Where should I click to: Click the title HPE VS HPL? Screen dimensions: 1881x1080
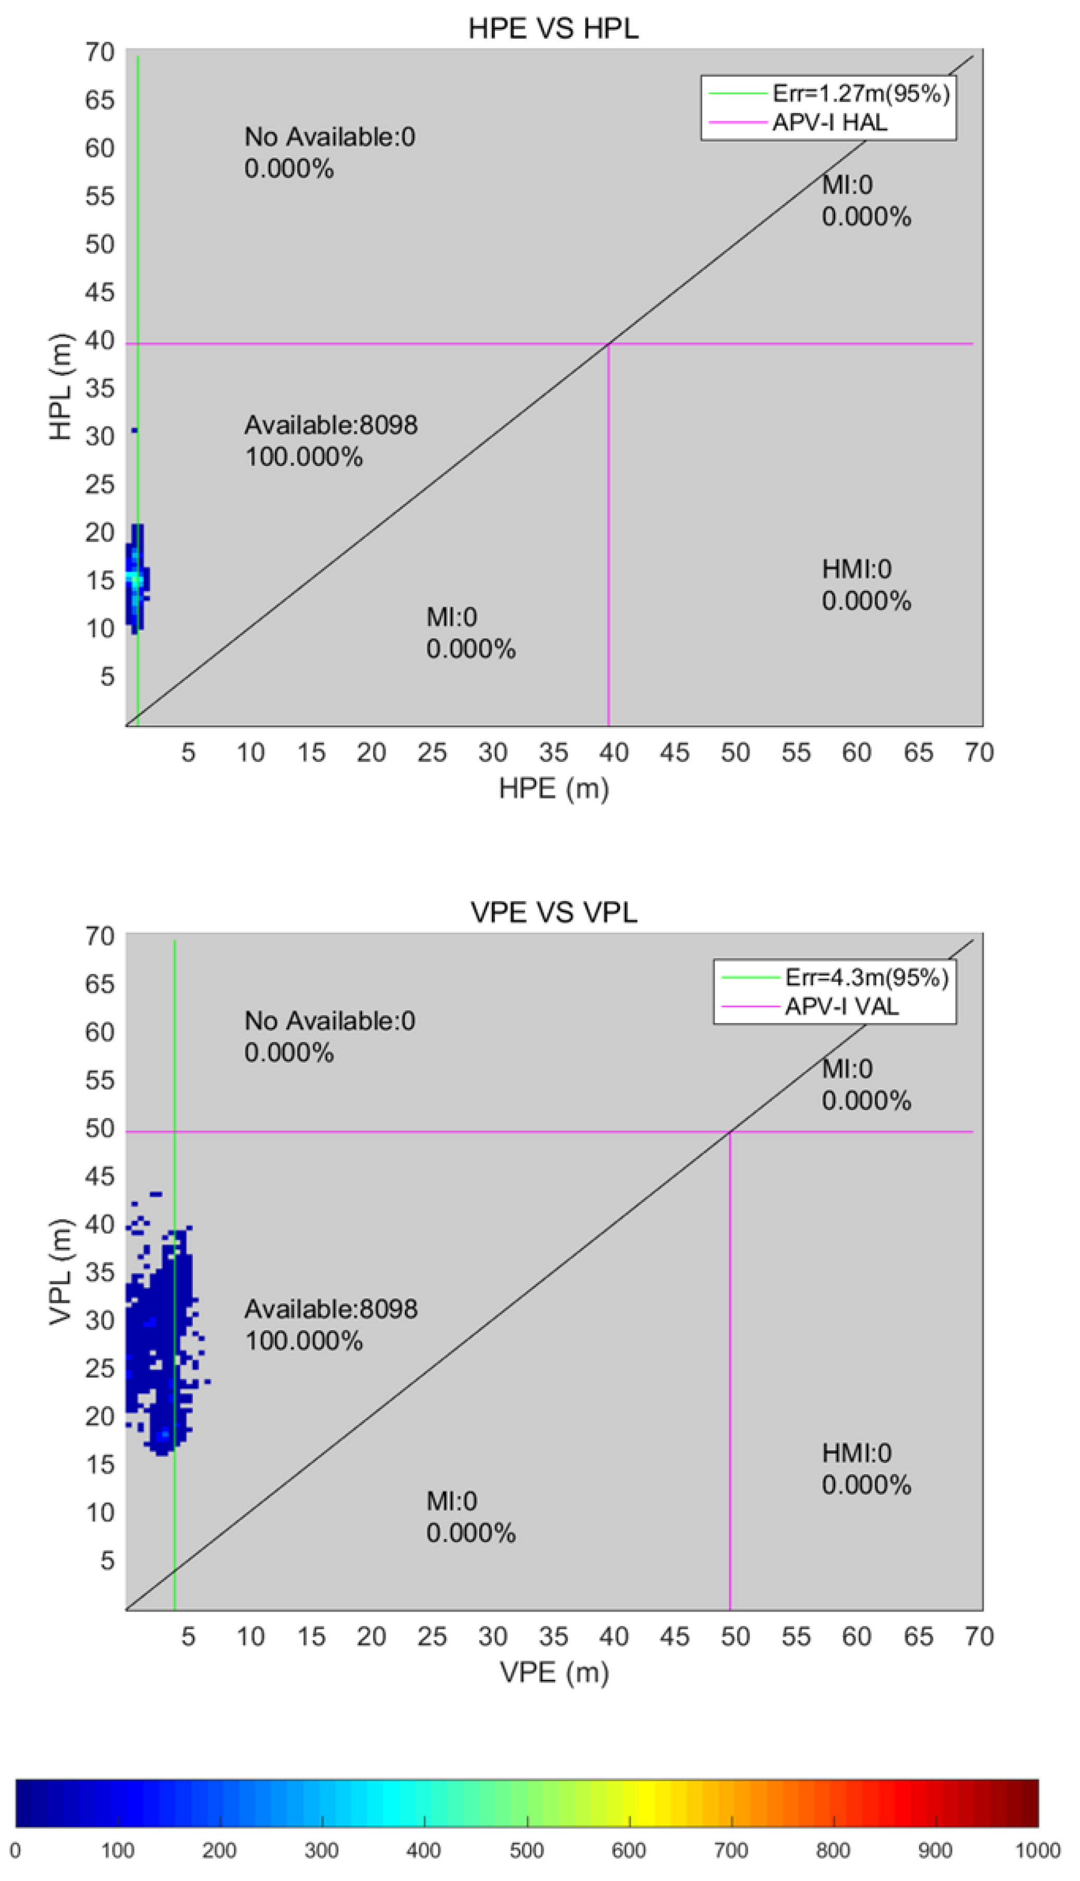click(553, 28)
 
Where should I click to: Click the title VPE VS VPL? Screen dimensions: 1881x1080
click(553, 912)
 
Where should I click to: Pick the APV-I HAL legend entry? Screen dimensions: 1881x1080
click(829, 122)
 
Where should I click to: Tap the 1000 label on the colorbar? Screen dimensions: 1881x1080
click(1037, 1851)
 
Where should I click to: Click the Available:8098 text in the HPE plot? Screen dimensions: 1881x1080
click(331, 425)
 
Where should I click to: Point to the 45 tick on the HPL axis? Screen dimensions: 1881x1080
click(100, 292)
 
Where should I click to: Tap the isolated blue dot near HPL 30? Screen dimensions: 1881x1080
click(134, 431)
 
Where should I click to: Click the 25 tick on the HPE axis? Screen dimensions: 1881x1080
click(432, 753)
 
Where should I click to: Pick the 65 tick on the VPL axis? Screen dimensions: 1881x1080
click(100, 984)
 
